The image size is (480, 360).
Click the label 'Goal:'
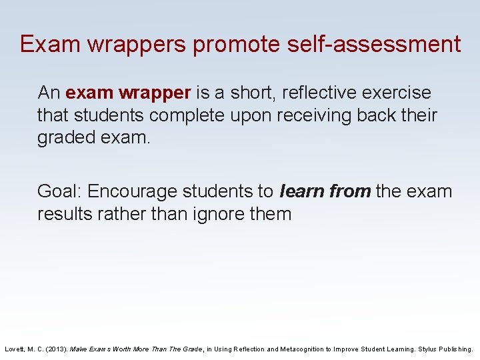[x=59, y=191]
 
